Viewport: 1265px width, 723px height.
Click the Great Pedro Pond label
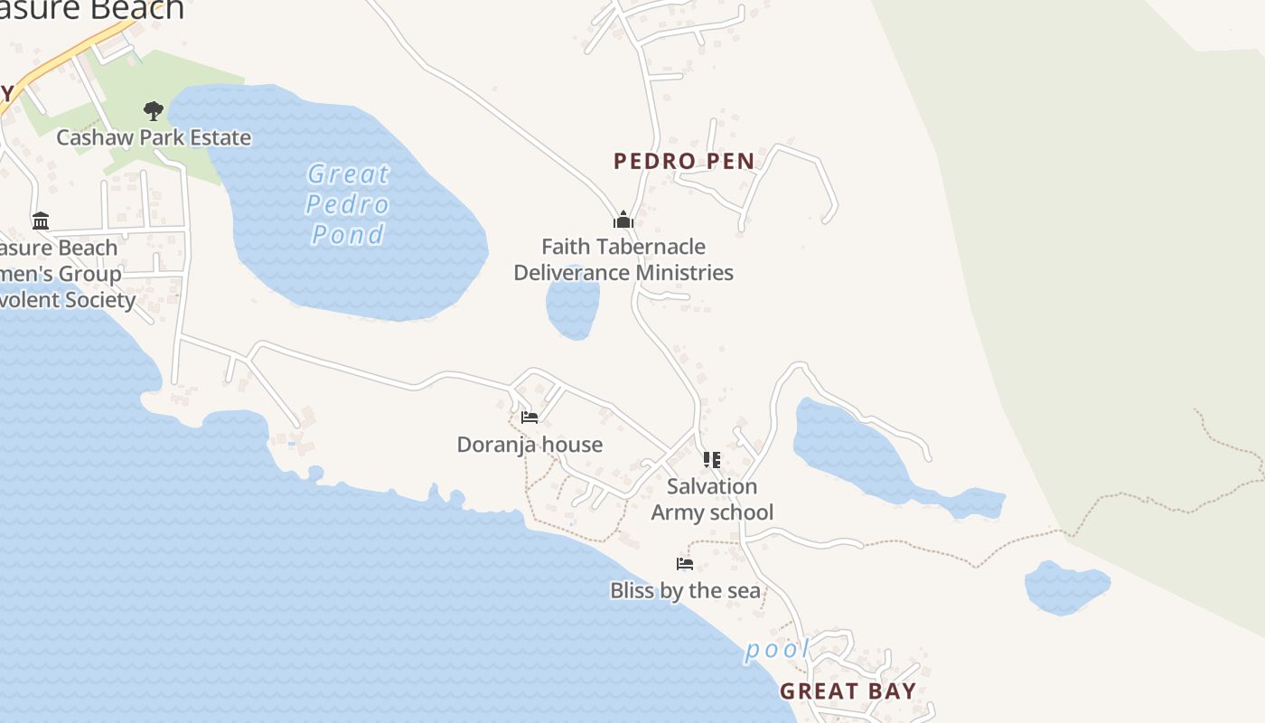click(x=348, y=204)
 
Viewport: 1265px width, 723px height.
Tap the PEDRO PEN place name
click(x=684, y=162)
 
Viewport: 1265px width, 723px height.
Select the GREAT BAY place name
click(x=848, y=691)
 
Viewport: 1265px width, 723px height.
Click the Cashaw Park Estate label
click(x=154, y=137)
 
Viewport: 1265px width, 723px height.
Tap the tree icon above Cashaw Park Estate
click(x=154, y=111)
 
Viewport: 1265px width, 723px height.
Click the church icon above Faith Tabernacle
click(x=623, y=220)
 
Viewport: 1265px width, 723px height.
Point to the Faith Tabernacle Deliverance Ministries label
click(x=623, y=259)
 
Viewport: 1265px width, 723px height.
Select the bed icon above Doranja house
click(x=529, y=418)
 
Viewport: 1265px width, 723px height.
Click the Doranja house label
click(x=529, y=445)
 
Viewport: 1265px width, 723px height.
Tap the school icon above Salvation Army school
click(x=712, y=460)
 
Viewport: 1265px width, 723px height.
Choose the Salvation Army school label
click(x=712, y=499)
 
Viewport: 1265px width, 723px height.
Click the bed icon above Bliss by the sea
click(x=685, y=564)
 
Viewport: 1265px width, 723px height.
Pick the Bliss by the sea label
click(x=685, y=591)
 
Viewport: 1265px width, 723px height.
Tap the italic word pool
click(x=777, y=650)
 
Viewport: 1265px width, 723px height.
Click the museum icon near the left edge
click(x=41, y=221)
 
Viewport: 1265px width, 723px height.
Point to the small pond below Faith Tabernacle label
click(x=573, y=306)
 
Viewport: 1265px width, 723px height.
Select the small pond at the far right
click(x=1066, y=587)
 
